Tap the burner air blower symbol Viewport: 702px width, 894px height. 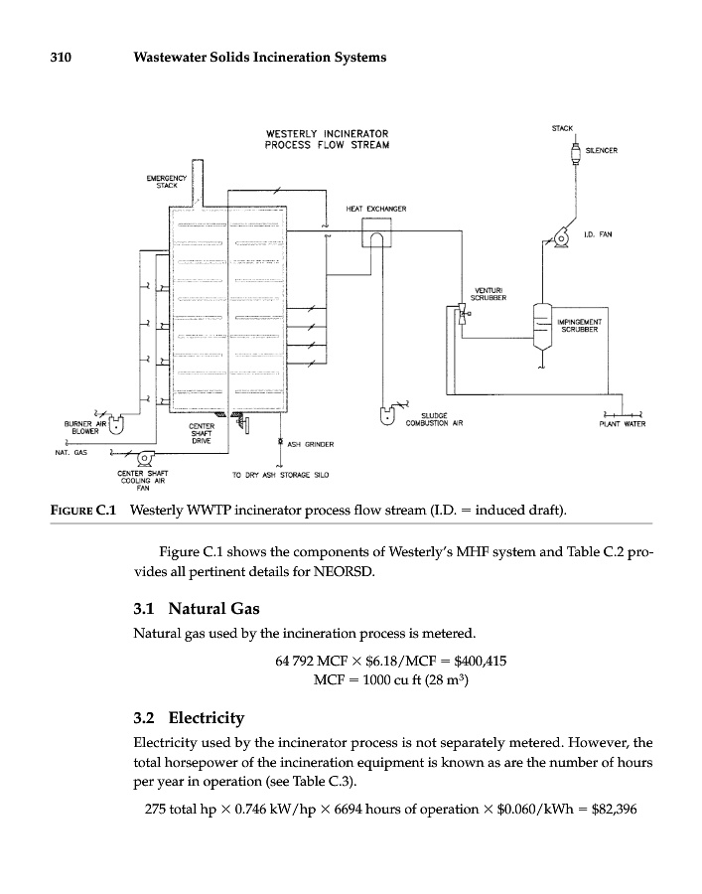coord(116,423)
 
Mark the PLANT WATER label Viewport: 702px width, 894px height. coord(623,424)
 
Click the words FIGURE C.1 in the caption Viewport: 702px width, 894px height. coord(84,511)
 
